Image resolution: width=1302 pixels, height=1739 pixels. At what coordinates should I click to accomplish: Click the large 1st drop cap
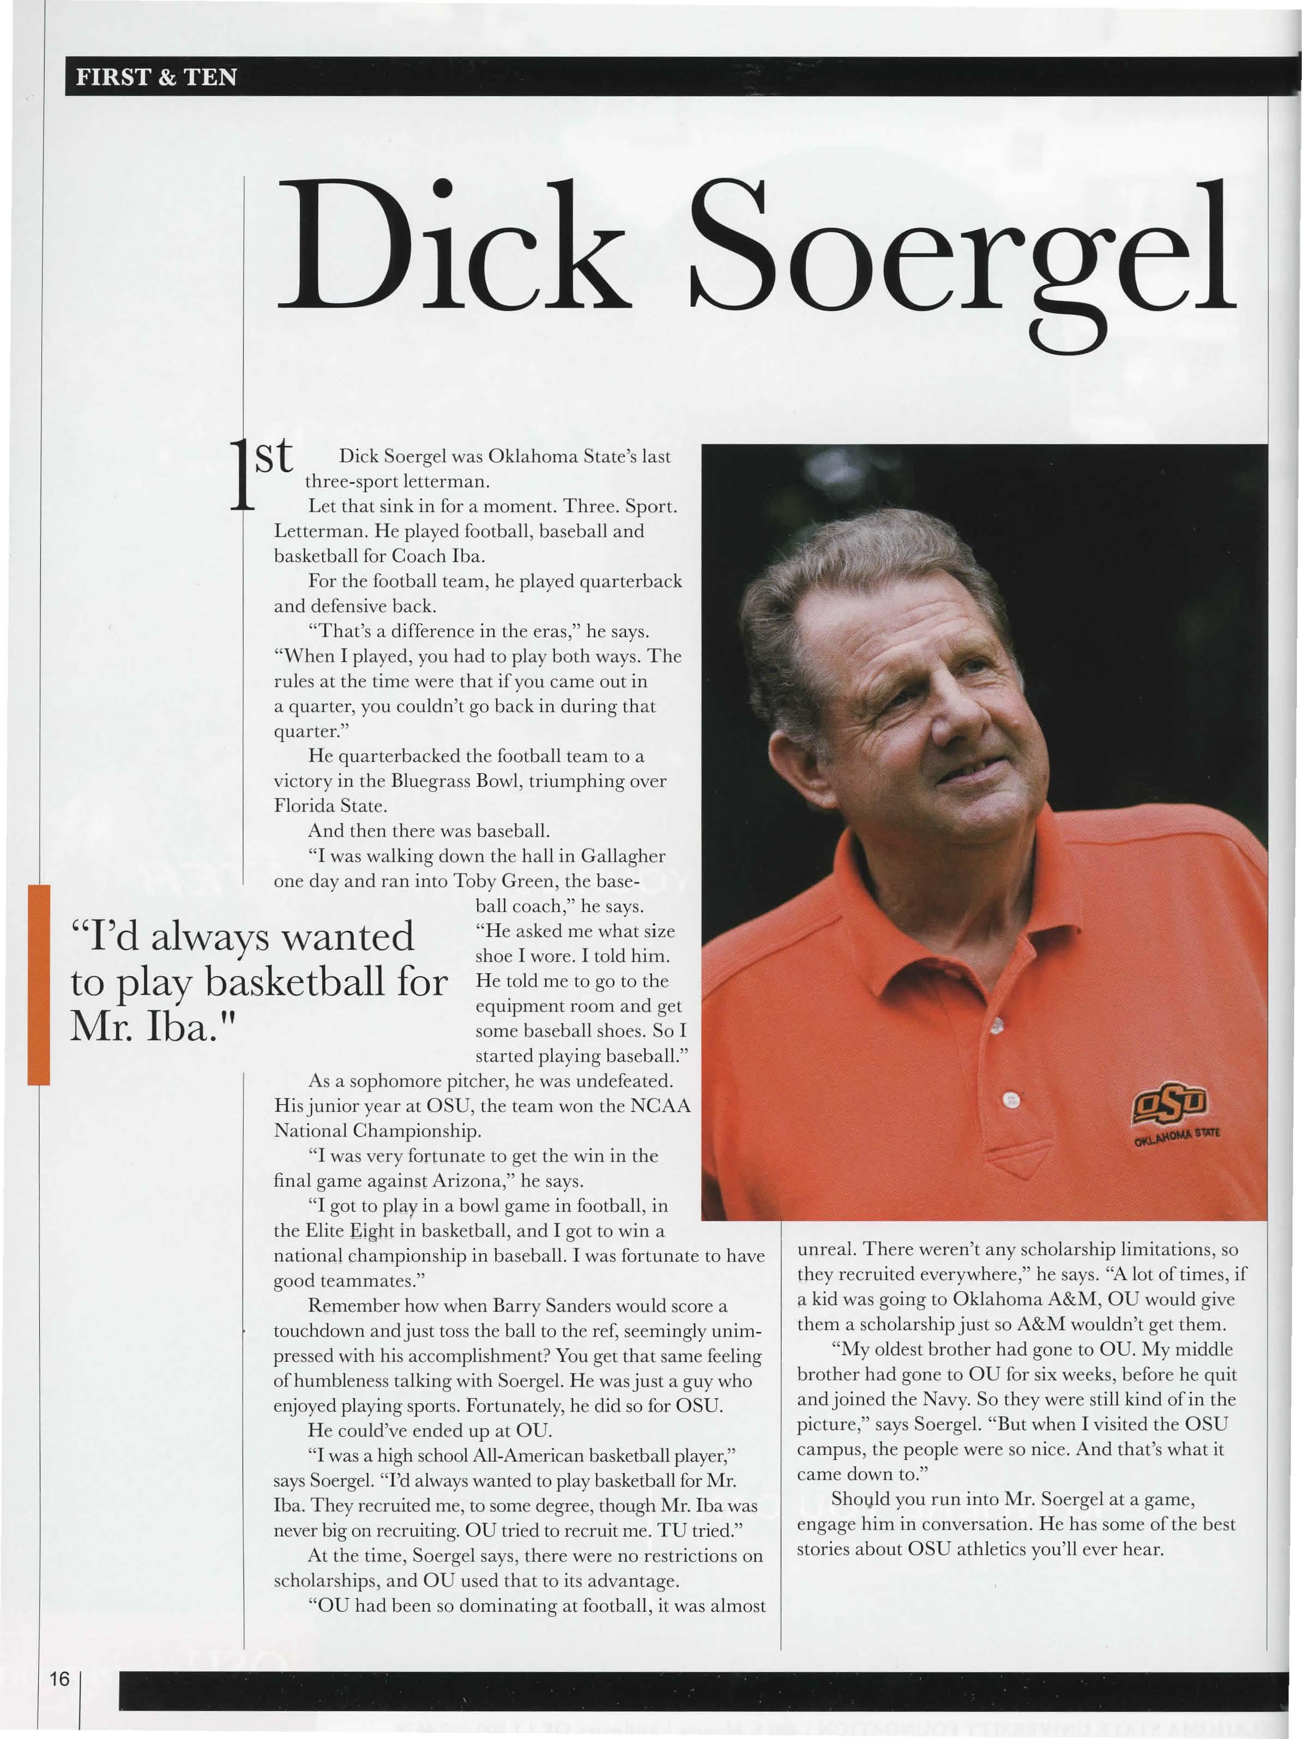(260, 476)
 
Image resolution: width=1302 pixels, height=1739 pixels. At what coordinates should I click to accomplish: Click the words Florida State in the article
(330, 807)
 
